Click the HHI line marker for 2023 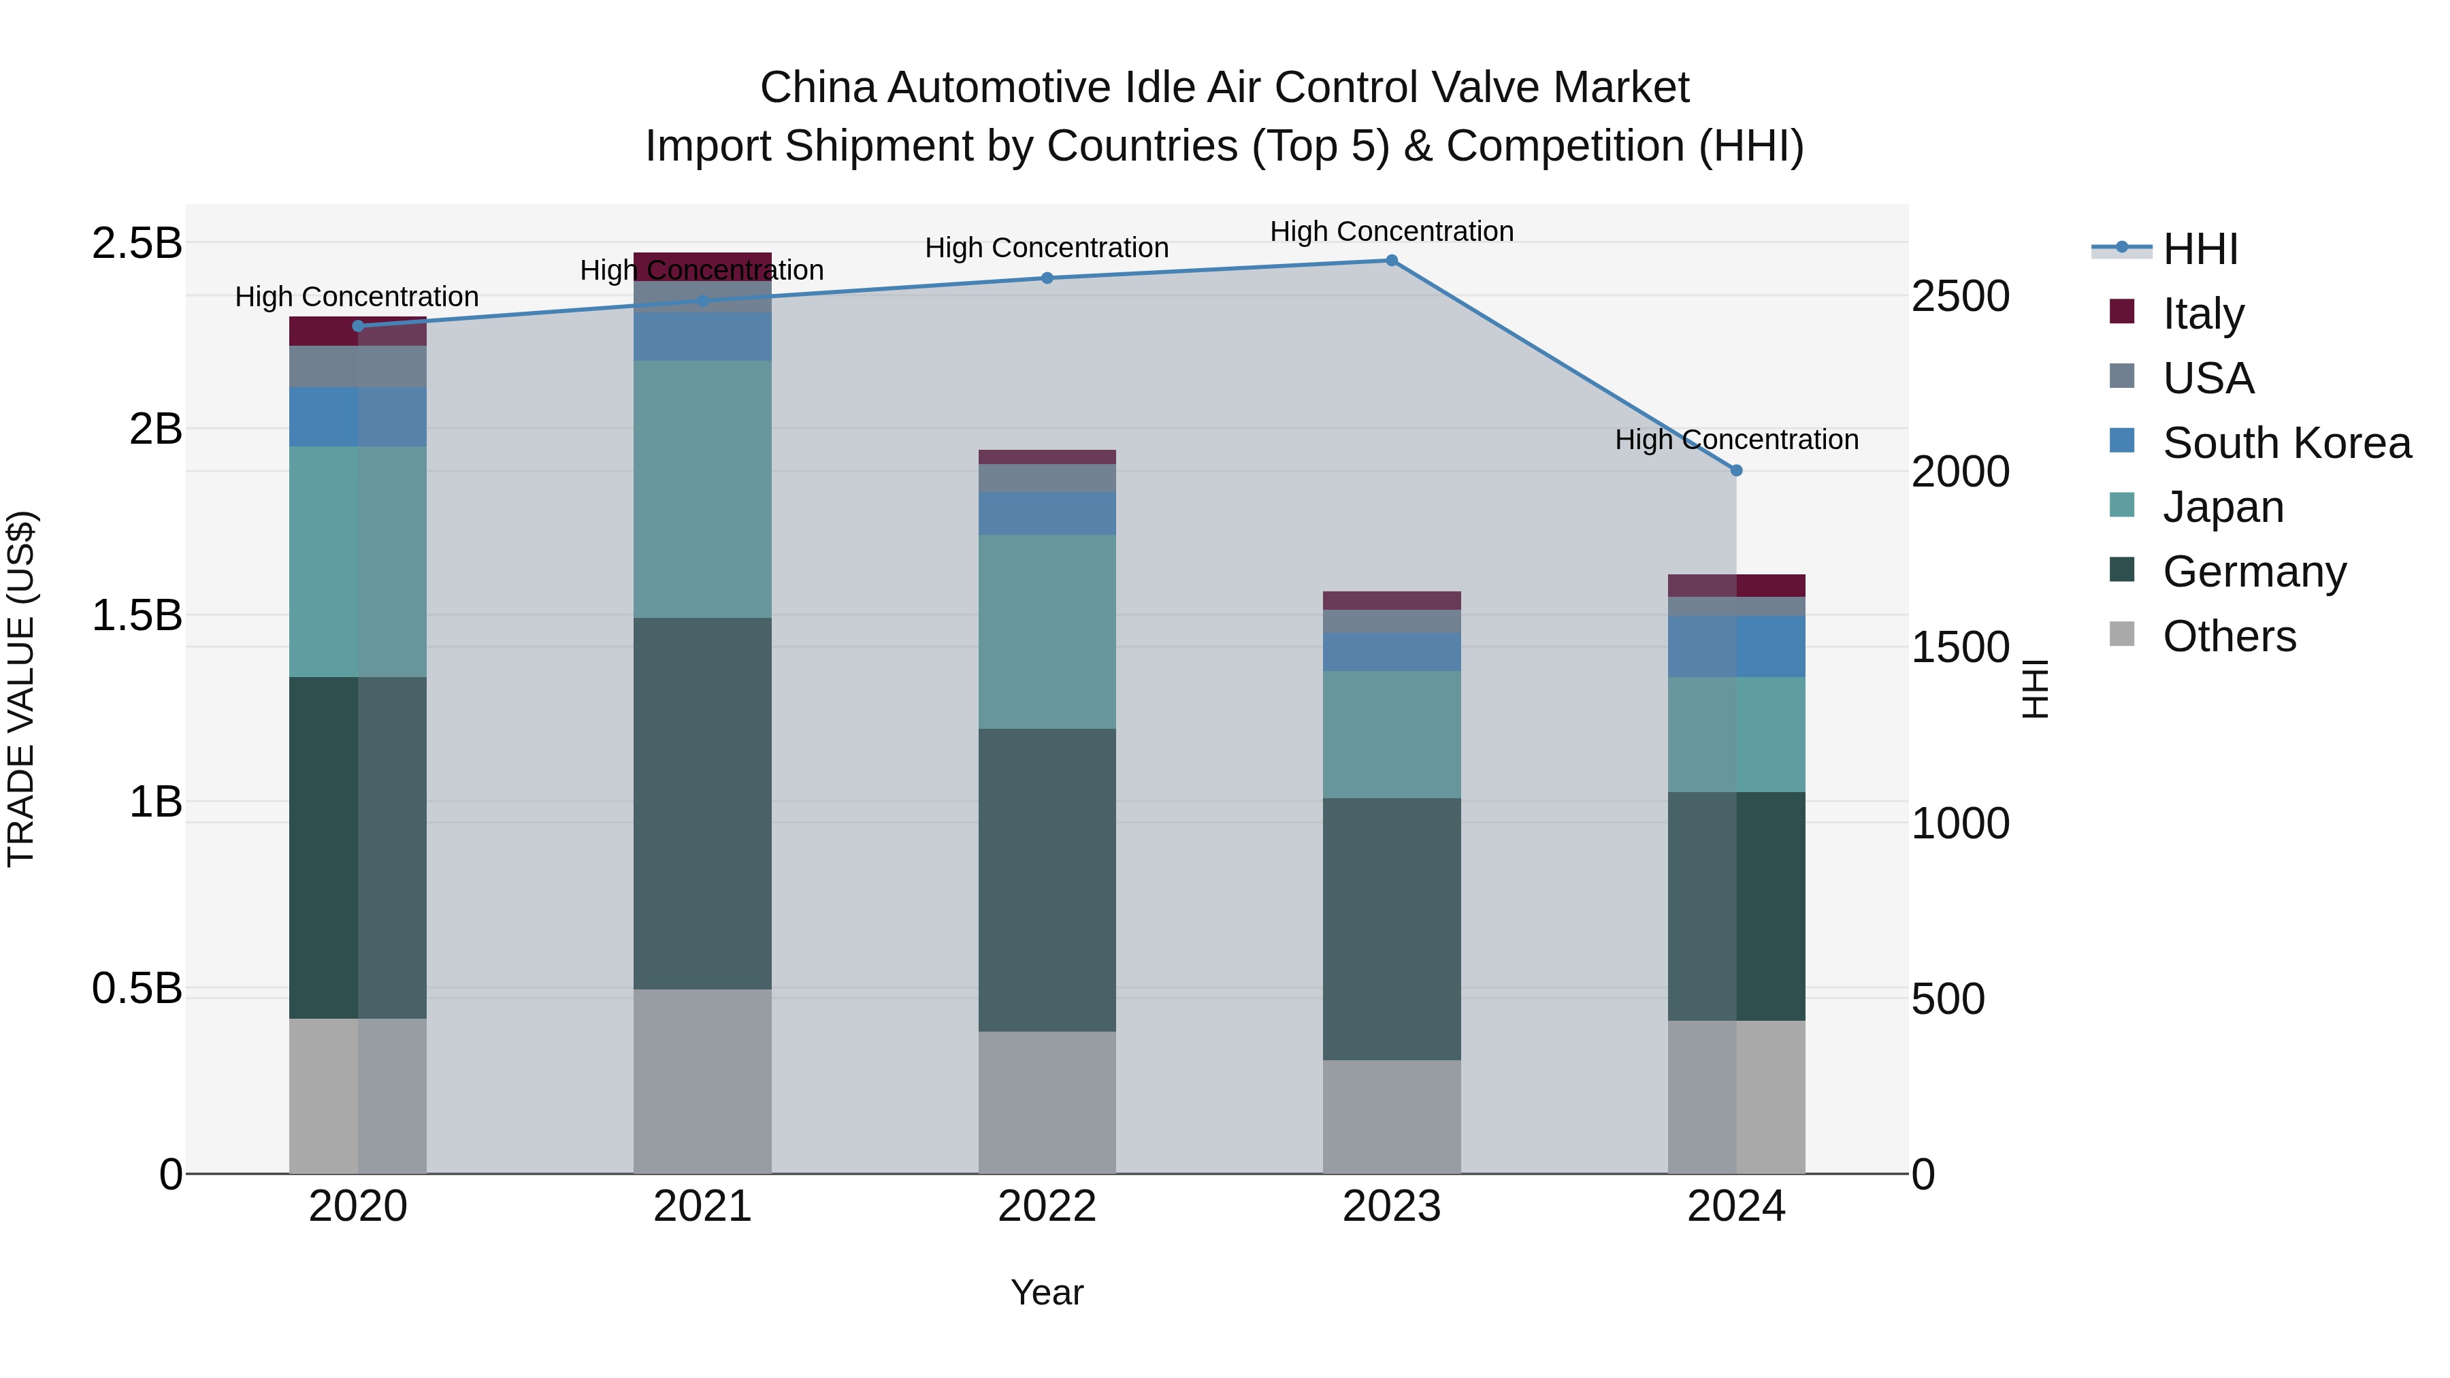(1392, 261)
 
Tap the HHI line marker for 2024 (1735, 470)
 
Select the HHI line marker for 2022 (1047, 278)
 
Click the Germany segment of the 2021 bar (702, 804)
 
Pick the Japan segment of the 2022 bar (1047, 631)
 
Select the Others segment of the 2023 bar (1392, 1117)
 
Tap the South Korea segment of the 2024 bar (1735, 646)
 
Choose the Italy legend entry (2203, 314)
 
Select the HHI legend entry (2199, 249)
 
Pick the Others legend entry (2228, 636)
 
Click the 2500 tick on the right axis (1960, 297)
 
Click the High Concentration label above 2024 (1735, 440)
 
